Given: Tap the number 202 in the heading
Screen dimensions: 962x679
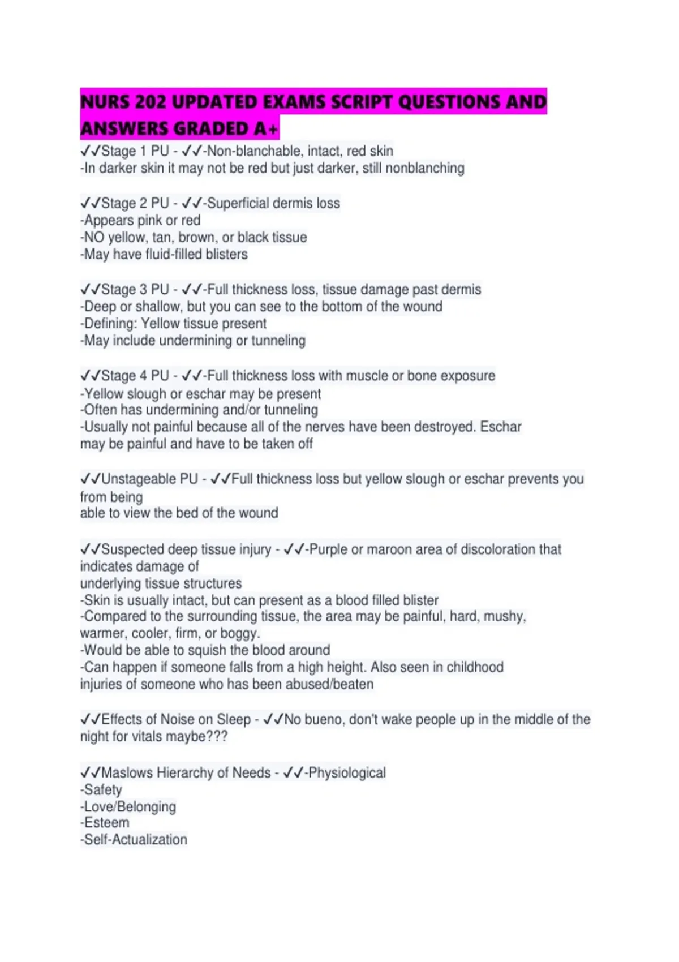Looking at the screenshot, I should [x=151, y=102].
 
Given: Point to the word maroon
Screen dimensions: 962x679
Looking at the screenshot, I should [x=389, y=549].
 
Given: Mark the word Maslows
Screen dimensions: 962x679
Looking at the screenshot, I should [x=127, y=773].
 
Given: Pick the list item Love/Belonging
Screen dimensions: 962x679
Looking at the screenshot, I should [x=130, y=807].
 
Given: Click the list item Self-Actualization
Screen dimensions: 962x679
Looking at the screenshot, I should [x=135, y=840].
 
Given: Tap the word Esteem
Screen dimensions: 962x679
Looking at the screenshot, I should [x=106, y=823].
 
